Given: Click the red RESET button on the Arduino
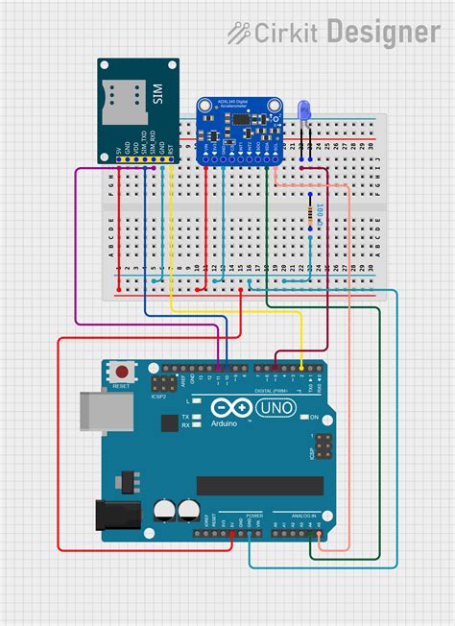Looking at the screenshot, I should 122,371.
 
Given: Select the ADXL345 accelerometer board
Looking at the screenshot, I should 237,129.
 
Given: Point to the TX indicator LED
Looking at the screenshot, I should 195,417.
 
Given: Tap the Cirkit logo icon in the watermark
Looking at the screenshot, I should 239,34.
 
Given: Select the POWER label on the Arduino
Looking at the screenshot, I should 253,516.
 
